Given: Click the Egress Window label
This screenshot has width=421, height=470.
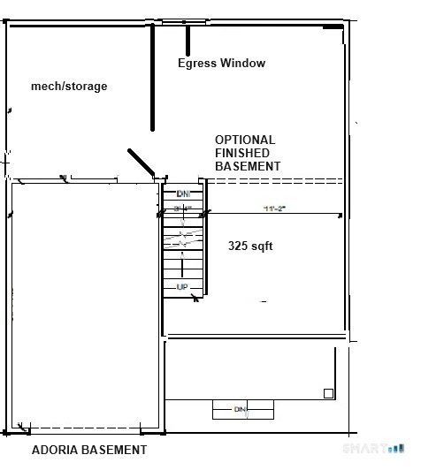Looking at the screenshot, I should (221, 63).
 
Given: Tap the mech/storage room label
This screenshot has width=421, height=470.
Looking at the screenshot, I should (69, 86).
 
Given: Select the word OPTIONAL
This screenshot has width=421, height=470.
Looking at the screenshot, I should (245, 140).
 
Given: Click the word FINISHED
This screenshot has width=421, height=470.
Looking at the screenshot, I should (242, 153).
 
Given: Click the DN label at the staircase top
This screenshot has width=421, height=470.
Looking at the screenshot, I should (183, 193).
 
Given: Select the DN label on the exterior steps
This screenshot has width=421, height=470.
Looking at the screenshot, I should (240, 409).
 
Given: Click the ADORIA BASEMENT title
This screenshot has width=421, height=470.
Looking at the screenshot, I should (89, 450).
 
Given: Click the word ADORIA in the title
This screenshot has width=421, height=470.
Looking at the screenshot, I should (55, 450).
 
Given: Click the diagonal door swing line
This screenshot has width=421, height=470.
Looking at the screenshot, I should (142, 163).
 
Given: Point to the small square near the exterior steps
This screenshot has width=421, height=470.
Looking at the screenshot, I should (328, 393).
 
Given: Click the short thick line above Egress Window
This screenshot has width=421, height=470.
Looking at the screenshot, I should (188, 40).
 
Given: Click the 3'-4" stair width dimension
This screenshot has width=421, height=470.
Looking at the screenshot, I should (183, 208).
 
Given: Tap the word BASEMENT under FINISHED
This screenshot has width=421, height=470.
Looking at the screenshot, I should (248, 166).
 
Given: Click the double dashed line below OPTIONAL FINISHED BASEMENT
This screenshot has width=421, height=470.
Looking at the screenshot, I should (274, 181).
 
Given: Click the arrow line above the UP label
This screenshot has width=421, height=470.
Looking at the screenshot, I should (183, 270).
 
